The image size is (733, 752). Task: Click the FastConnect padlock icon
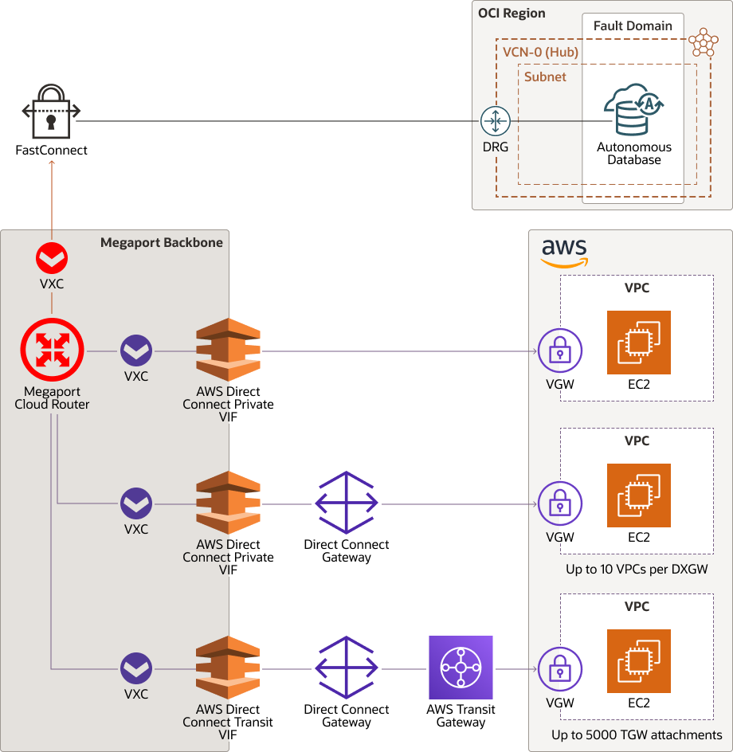pos(51,112)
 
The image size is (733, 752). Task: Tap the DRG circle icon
pos(495,121)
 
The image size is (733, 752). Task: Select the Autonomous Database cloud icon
pos(633,112)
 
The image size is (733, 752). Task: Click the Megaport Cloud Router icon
pos(52,350)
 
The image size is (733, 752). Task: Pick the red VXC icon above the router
pos(52,259)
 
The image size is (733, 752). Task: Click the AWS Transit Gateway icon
pos(461,668)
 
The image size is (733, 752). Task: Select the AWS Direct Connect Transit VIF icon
pos(228,668)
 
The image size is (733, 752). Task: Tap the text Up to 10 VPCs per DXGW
pos(637,570)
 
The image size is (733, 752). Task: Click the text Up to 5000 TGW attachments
pos(637,734)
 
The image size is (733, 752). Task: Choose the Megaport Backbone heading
pos(162,243)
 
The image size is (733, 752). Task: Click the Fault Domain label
pos(633,25)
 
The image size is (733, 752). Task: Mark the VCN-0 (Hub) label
pos(540,53)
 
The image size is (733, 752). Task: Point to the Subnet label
pos(545,77)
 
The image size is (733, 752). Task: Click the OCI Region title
pos(512,13)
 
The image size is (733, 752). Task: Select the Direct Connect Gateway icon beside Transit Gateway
pos(347,668)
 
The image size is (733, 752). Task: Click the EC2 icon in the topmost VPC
pos(638,343)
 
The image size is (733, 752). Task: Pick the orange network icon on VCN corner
pos(704,42)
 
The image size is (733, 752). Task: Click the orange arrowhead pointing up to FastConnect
pos(52,163)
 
